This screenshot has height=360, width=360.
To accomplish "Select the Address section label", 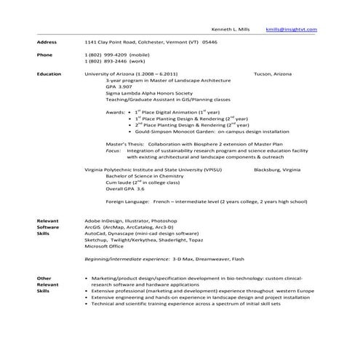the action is point(47,42).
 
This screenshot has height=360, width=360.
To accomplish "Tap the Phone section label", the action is point(44,55).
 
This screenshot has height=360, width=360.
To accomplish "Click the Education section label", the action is point(49,74).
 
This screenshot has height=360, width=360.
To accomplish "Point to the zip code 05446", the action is point(209,42).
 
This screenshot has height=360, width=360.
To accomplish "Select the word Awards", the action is point(116,113).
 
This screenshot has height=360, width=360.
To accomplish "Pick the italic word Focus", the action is point(113,151).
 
